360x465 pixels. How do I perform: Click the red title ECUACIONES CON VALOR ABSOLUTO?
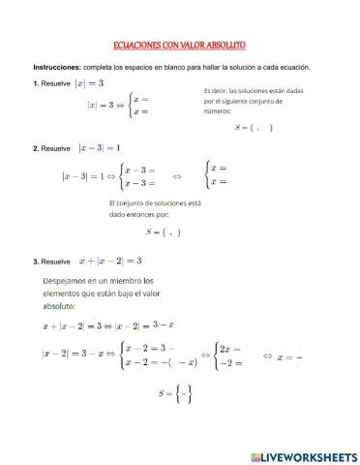coord(180,46)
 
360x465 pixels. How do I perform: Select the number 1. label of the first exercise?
coord(36,84)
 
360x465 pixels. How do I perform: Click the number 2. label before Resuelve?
coord(36,148)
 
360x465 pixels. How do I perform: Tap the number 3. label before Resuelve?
coord(36,261)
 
